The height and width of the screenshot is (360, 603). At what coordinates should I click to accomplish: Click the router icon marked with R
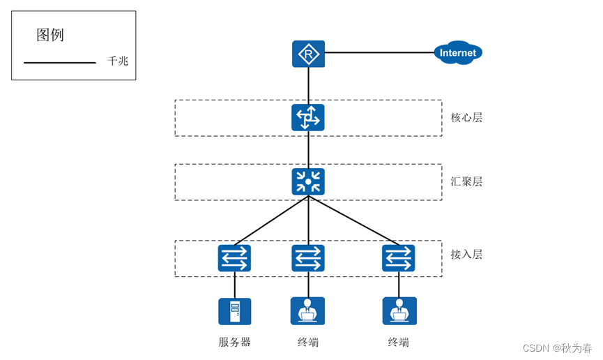308,54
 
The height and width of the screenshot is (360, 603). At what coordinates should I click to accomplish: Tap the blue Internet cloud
457,52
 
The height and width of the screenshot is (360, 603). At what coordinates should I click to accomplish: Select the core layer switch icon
308,117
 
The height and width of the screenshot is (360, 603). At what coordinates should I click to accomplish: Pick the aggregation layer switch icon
308,181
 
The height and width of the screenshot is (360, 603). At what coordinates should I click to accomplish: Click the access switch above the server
235,258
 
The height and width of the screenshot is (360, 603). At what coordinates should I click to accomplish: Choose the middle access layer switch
308,258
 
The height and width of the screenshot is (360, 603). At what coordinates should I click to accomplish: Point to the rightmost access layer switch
399,258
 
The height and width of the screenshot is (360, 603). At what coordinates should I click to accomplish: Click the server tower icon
235,311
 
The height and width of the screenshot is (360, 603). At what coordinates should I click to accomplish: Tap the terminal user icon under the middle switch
307,310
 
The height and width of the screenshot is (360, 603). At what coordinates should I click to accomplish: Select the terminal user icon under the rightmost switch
399,310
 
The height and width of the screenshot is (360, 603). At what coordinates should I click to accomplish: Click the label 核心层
466,117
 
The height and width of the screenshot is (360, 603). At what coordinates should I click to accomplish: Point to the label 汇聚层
466,181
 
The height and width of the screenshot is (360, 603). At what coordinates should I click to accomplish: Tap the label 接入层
466,254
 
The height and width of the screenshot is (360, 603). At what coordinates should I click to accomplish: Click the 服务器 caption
235,342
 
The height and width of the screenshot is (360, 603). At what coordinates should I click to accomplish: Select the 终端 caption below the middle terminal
308,342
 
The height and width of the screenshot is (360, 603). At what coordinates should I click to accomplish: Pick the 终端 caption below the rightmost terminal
399,342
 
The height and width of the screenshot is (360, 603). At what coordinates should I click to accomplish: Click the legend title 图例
50,35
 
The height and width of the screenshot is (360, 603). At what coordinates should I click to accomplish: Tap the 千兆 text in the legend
118,61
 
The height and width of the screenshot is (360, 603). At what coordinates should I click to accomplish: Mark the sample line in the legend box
60,62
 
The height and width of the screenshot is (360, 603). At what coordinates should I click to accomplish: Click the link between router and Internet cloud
379,52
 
